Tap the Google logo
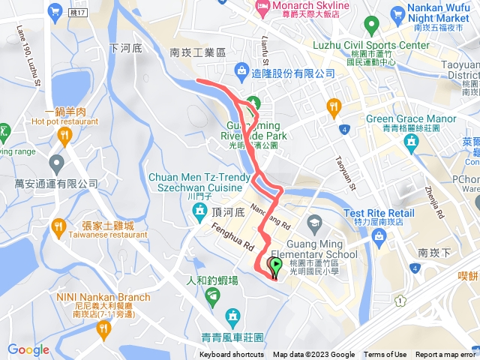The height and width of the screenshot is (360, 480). pyautogui.click(x=28, y=349)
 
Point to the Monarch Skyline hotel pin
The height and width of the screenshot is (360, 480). pyautogui.click(x=262, y=7)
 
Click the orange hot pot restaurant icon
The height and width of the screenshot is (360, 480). pyautogui.click(x=63, y=135)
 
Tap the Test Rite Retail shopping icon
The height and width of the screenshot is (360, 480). pyautogui.click(x=378, y=237)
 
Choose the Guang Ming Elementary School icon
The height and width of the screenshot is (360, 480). pyautogui.click(x=314, y=223)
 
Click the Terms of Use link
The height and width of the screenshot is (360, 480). pyautogui.click(x=385, y=355)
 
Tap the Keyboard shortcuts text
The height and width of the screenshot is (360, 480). pyautogui.click(x=232, y=355)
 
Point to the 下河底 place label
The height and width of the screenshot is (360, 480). pyautogui.click(x=125, y=47)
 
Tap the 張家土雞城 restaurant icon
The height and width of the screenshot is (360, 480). pyautogui.click(x=58, y=226)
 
